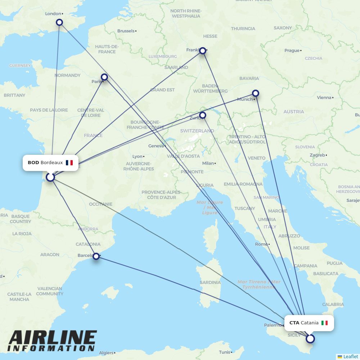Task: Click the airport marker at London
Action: coord(59,22)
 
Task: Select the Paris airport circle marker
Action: coord(104,77)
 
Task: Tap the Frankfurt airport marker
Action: coord(203,51)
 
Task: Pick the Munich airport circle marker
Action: coord(255,93)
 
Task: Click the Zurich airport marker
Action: coord(203,115)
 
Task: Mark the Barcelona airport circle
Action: coord(96,256)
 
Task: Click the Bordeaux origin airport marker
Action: coord(50,177)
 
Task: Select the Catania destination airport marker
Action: coord(310,338)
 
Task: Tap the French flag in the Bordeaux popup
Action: coord(69,163)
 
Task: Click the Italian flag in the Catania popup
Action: coord(325,323)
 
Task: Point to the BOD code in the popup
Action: coord(33,163)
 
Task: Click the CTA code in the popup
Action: coord(294,323)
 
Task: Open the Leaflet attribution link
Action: coord(350,356)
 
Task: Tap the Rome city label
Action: coord(261,244)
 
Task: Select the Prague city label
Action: coord(292,50)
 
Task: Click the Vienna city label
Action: coord(324,98)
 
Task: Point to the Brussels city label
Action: coord(126,31)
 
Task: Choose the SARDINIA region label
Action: coord(210,283)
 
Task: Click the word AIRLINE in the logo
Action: coord(53,338)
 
